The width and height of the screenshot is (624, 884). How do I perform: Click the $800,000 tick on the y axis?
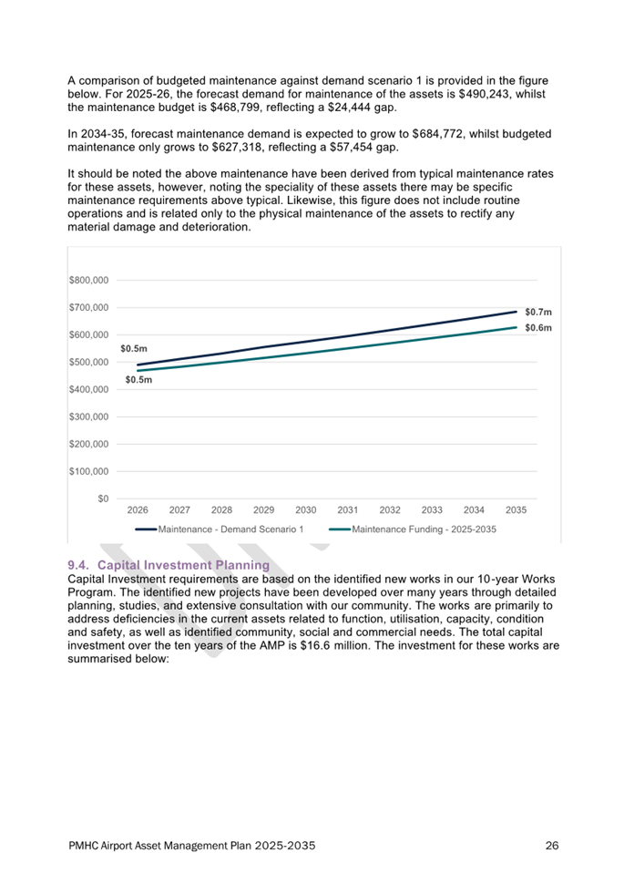tap(88, 280)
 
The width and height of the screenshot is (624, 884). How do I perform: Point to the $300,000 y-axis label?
tap(88, 417)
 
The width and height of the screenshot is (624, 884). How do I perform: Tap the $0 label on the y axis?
tap(103, 499)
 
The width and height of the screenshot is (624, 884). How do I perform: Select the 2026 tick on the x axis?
tap(138, 510)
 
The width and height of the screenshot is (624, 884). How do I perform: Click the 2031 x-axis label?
tap(348, 510)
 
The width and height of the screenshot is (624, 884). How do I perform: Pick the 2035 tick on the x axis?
tap(516, 510)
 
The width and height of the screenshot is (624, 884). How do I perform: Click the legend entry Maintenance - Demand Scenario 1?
tap(220, 529)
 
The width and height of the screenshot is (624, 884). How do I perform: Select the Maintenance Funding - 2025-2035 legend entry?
tap(413, 529)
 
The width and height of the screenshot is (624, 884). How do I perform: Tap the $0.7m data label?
tap(538, 313)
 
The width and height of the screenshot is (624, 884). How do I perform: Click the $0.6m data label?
tap(538, 328)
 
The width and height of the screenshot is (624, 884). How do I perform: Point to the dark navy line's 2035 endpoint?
tap(516, 312)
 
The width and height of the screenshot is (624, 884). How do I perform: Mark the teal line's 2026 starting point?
tap(138, 371)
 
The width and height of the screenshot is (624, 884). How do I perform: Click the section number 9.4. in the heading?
tap(79, 565)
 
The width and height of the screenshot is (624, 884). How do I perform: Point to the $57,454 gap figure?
tap(353, 148)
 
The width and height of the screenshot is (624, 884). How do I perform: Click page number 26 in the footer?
tap(552, 846)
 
